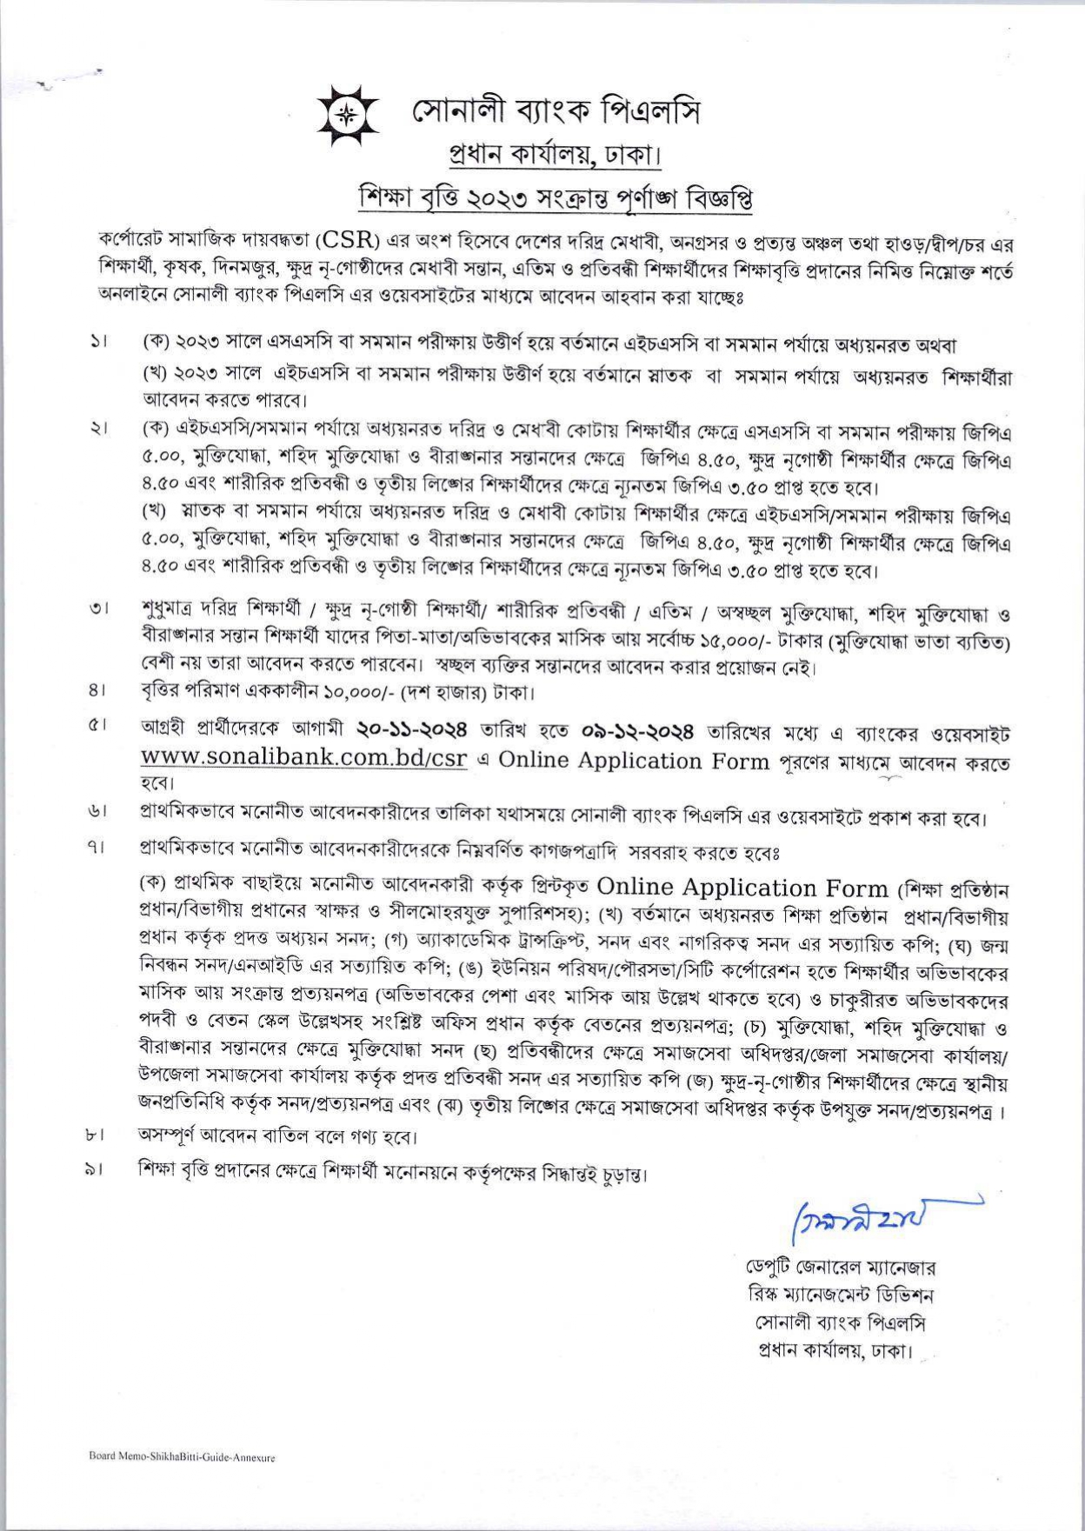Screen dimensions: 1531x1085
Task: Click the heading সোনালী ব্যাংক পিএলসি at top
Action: tap(556, 111)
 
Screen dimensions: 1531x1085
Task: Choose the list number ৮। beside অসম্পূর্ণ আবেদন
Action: tap(96, 1135)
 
